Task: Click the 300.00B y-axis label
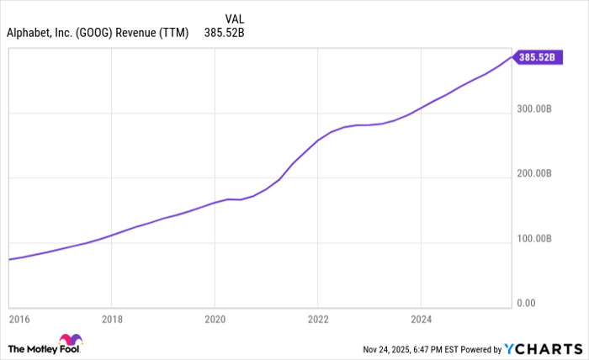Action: pyautogui.click(x=535, y=109)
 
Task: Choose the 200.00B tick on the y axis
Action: pyautogui.click(x=535, y=173)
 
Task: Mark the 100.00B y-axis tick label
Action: pyautogui.click(x=535, y=238)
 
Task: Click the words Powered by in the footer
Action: pyautogui.click(x=479, y=348)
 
